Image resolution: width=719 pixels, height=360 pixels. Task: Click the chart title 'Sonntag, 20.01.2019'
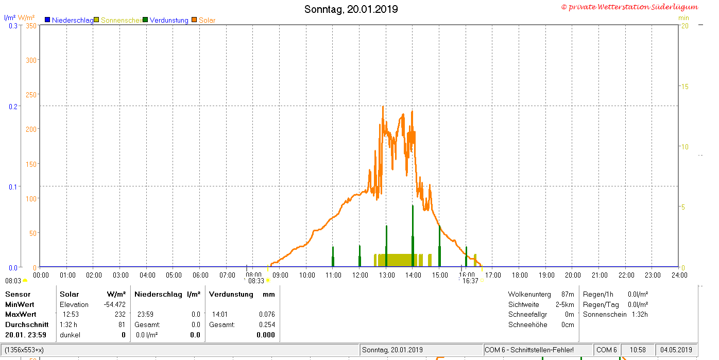pyautogui.click(x=351, y=9)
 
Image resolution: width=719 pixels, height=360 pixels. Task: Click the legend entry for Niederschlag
pyautogui.click(x=69, y=20)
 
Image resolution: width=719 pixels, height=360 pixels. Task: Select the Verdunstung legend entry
pyautogui.click(x=166, y=20)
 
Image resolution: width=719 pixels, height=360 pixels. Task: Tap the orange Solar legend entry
pyautogui.click(x=203, y=20)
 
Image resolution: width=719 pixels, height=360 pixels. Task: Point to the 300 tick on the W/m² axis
pyautogui.click(x=31, y=60)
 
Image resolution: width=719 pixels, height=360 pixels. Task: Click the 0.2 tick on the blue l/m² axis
pyautogui.click(x=13, y=107)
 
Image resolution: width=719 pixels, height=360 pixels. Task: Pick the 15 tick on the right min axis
pyautogui.click(x=684, y=87)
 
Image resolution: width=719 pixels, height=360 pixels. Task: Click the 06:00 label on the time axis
pyautogui.click(x=200, y=276)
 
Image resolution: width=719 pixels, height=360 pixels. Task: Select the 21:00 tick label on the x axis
pyautogui.click(x=600, y=276)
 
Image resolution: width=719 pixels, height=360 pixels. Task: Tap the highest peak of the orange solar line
pyautogui.click(x=383, y=107)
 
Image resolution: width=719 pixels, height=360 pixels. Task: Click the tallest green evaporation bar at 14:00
pyautogui.click(x=413, y=236)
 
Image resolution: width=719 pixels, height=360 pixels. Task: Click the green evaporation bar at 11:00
pyautogui.click(x=333, y=256)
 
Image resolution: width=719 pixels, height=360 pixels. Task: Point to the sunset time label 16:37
pyautogui.click(x=470, y=281)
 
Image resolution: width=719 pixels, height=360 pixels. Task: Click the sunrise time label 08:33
pyautogui.click(x=256, y=281)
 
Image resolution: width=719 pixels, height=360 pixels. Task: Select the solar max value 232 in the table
pyautogui.click(x=120, y=315)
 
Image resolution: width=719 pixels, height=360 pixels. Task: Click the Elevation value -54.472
pyautogui.click(x=114, y=304)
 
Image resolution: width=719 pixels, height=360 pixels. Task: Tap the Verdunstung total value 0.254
pyautogui.click(x=267, y=324)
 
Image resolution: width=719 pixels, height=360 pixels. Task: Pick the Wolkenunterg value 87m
pyautogui.click(x=568, y=294)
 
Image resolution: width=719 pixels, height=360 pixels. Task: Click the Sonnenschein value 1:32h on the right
pyautogui.click(x=640, y=315)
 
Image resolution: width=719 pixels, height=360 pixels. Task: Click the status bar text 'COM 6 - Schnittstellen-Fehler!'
pyautogui.click(x=529, y=350)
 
